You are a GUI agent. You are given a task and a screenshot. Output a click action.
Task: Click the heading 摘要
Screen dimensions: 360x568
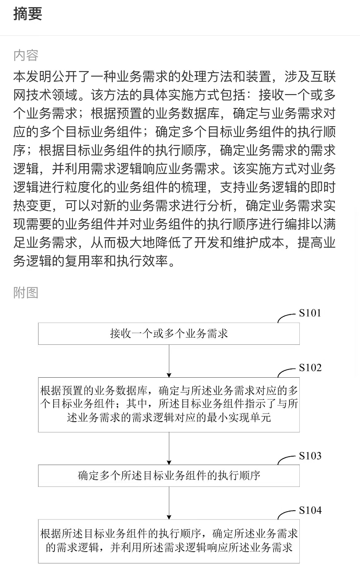pos(28,14)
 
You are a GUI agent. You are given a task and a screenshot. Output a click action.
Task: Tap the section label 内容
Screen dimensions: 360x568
pos(26,55)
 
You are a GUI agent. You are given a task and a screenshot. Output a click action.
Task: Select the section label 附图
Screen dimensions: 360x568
pos(26,292)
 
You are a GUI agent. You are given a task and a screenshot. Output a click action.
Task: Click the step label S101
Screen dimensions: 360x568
pos(310,313)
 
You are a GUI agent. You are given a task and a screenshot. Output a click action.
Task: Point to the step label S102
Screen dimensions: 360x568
pos(310,368)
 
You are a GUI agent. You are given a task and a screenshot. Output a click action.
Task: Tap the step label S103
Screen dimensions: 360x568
pos(310,456)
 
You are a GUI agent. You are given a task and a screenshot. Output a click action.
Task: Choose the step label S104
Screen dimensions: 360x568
pos(310,510)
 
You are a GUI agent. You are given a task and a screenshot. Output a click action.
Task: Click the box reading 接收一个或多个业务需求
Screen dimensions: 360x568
pos(169,334)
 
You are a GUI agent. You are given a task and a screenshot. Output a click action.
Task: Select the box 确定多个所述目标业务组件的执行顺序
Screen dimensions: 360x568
pos(169,476)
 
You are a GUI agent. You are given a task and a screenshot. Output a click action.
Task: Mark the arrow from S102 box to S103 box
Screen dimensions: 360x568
pos(169,448)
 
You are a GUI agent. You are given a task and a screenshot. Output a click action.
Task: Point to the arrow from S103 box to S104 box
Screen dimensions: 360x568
pos(169,503)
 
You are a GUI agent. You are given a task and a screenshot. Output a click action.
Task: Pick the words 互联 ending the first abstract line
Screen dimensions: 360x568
pos(323,77)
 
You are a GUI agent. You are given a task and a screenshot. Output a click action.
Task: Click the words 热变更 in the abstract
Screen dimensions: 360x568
pos(33,206)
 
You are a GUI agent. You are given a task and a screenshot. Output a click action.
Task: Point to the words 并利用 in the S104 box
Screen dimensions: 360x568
pos(126,548)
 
